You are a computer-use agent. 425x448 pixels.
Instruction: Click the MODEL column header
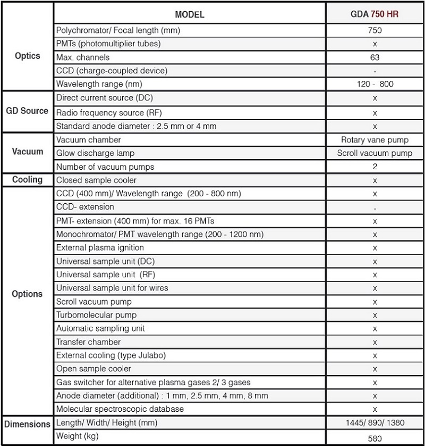point(190,14)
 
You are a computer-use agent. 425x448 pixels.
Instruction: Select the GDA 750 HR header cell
point(375,14)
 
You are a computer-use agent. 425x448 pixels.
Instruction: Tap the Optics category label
point(27,56)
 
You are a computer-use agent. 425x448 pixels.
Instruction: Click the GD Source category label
point(27,111)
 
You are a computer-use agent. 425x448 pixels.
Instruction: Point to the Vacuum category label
point(27,152)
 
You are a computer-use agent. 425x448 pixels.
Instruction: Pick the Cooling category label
point(27,179)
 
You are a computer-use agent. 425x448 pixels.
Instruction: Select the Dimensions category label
point(27,424)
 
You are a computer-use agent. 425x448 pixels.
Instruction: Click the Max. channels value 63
point(375,57)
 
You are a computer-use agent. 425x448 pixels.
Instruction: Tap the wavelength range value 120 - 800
point(375,84)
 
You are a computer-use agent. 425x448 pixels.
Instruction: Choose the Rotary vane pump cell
point(375,140)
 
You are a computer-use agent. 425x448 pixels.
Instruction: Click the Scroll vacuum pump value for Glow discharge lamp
point(375,153)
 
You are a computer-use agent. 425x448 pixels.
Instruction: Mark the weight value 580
point(375,439)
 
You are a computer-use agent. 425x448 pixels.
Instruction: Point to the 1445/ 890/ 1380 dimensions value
point(375,423)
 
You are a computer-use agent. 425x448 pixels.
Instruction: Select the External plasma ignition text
point(100,248)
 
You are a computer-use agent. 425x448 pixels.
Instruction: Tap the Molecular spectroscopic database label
point(120,409)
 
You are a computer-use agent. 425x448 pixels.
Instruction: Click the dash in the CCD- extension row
point(375,208)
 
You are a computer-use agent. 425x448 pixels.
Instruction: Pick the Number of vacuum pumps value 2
point(375,167)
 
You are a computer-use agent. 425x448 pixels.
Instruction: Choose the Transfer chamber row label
point(88,342)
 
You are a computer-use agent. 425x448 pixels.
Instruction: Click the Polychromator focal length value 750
point(375,30)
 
